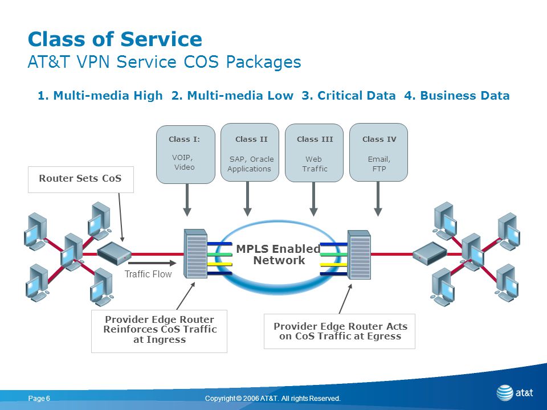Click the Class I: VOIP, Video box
(186, 154)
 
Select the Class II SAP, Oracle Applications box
(250, 153)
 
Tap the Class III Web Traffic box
(315, 153)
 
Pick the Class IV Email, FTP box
(378, 153)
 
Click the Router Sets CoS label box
(80, 179)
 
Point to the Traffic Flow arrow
(152, 263)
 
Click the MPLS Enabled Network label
(279, 255)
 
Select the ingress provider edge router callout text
(160, 330)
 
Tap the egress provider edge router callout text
(340, 331)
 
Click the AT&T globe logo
(504, 393)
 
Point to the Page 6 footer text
(39, 399)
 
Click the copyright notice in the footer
(273, 399)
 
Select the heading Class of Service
(115, 39)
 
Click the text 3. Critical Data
(349, 96)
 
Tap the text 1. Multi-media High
(100, 96)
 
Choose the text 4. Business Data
(457, 96)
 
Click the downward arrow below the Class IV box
(378, 199)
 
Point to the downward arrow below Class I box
(187, 200)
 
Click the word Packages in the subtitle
(263, 63)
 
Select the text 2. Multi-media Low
(232, 96)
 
